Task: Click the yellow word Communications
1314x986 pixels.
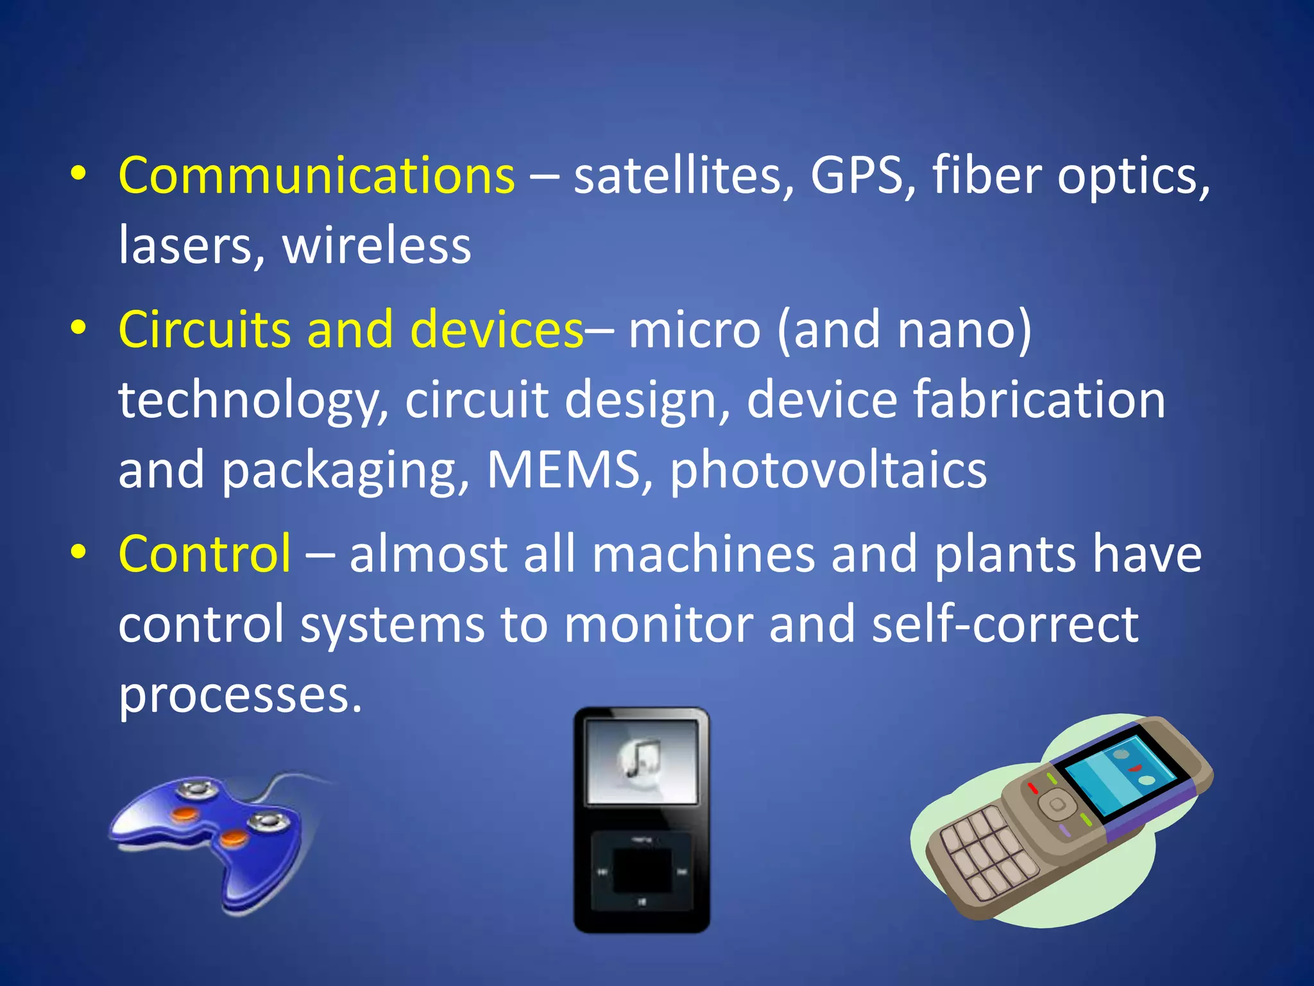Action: [x=316, y=175]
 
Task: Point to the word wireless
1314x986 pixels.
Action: [x=377, y=246]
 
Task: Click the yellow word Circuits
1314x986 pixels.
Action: [x=204, y=329]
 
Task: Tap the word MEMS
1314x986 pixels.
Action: [x=563, y=469]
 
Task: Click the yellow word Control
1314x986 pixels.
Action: [x=205, y=553]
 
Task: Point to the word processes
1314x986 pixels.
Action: [x=239, y=695]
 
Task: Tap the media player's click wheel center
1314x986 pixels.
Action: [x=642, y=871]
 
